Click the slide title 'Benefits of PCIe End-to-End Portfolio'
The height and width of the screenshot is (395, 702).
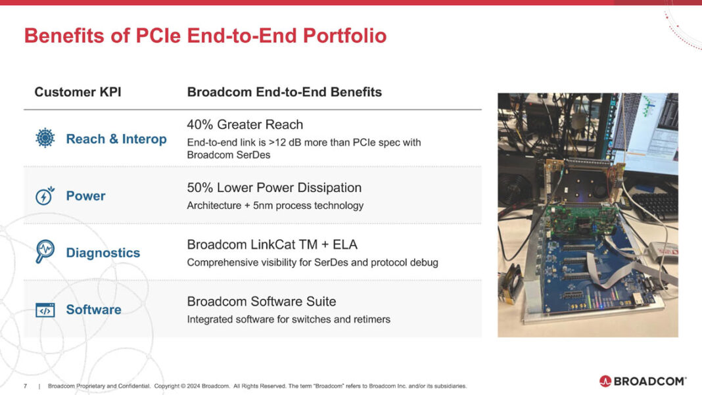pos(205,35)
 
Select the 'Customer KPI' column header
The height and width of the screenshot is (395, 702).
pos(78,92)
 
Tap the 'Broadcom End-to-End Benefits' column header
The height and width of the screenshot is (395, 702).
pos(284,92)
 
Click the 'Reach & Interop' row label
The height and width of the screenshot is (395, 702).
pos(116,139)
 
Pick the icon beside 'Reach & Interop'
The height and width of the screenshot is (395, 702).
pos(45,139)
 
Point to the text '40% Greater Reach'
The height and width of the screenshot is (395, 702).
pos(245,124)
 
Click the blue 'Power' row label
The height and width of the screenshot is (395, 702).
pos(85,196)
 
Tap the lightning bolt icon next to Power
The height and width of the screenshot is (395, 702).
pos(45,196)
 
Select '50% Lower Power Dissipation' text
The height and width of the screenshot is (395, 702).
pos(274,187)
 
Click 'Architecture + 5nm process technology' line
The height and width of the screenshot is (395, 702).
pos(275,206)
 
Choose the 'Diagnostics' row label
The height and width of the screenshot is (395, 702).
pos(103,253)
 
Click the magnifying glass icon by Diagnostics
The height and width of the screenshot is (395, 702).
pos(45,252)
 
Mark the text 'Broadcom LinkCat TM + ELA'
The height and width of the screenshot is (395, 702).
pos(272,244)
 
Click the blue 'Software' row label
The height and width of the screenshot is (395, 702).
pos(93,310)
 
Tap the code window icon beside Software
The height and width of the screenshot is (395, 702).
pos(45,310)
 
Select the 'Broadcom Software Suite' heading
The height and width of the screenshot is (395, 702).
pos(261,302)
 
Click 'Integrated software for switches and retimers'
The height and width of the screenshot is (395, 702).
pos(289,319)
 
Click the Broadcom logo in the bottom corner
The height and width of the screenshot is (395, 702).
pos(642,381)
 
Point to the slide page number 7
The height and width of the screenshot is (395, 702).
pos(25,386)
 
